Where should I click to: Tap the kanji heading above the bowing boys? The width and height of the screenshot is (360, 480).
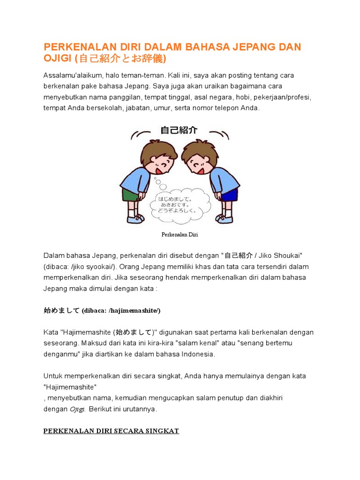pos(179,130)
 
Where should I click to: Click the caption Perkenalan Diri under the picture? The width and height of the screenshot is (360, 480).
pos(180,234)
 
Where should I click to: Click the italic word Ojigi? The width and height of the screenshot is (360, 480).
pos(77,409)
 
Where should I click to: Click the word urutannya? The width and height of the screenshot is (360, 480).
pos(139,409)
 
